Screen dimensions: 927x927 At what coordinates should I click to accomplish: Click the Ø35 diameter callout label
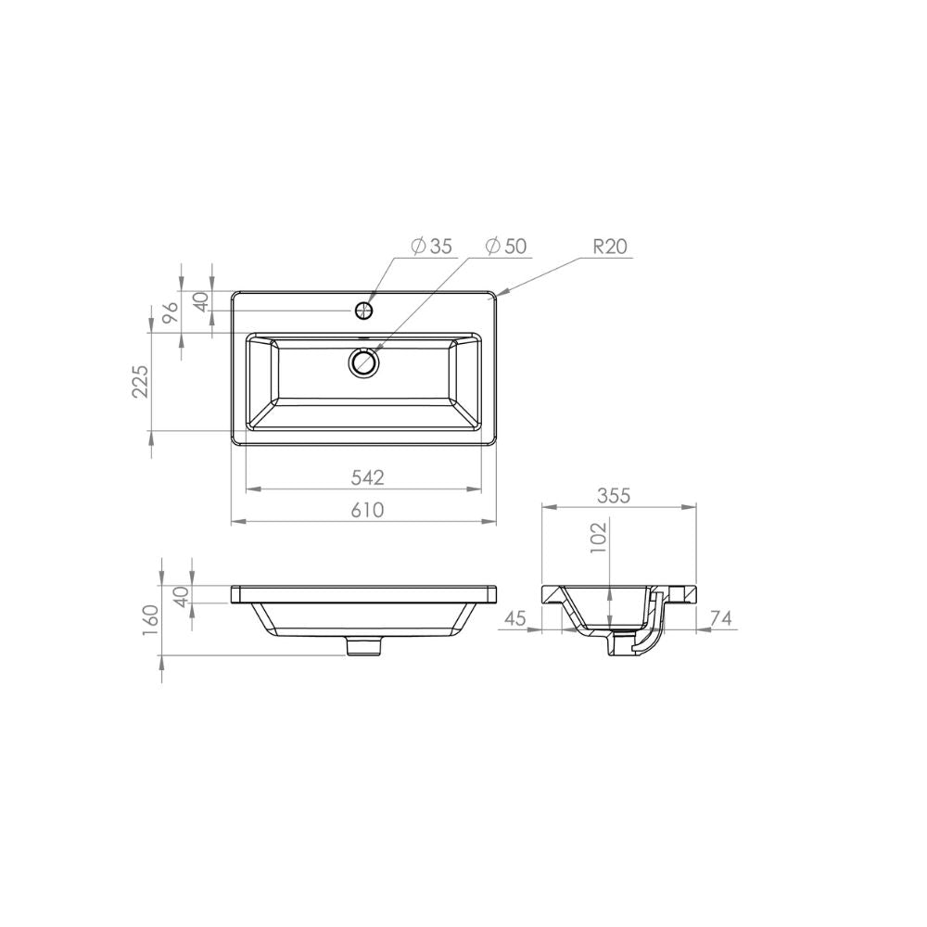click(432, 246)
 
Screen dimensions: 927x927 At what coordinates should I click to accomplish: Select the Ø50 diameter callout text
click(506, 246)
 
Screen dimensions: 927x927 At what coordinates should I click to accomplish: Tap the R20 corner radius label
click(610, 246)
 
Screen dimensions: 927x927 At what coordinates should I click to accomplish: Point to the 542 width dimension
click(368, 477)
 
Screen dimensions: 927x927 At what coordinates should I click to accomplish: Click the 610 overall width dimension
click(368, 510)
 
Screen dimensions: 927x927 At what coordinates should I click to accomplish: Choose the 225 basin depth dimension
click(141, 381)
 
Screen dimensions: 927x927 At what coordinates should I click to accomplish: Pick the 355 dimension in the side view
click(614, 495)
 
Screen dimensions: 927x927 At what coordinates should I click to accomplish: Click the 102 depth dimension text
click(598, 537)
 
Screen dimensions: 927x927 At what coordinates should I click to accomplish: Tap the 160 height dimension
click(151, 620)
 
